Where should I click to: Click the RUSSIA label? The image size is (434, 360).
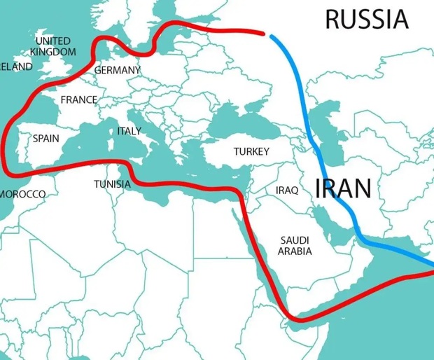pyautogui.click(x=367, y=19)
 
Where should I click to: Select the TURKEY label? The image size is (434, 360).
pyautogui.click(x=251, y=151)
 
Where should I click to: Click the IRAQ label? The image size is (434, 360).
pyautogui.click(x=287, y=190)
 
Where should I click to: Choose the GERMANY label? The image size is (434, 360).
pyautogui.click(x=117, y=70)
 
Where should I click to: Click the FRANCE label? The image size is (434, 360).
pyautogui.click(x=78, y=99)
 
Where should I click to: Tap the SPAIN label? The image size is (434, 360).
pyautogui.click(x=46, y=139)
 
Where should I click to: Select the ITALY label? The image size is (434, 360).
pyautogui.click(x=129, y=131)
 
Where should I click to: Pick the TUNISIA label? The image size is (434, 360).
pyautogui.click(x=112, y=184)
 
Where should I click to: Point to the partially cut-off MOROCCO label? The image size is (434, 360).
pyautogui.click(x=22, y=193)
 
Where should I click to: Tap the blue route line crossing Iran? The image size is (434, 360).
pyautogui.click(x=330, y=189)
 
